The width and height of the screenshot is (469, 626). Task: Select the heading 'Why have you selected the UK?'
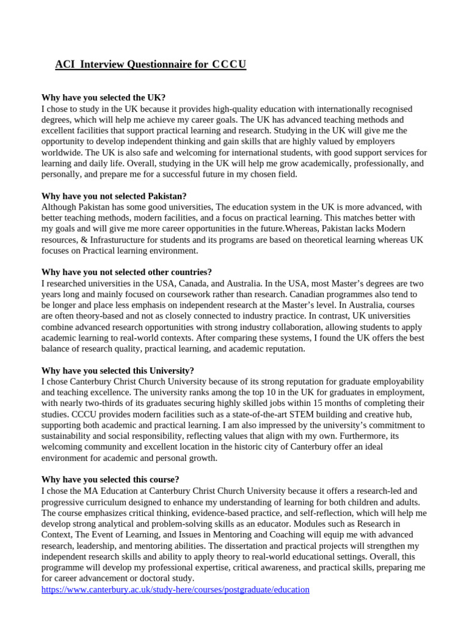[x=103, y=98]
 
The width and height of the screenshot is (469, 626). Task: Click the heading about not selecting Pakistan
[x=114, y=196]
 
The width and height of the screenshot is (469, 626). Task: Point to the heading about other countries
[x=126, y=272]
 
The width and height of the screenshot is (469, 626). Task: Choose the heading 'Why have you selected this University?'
[x=118, y=370]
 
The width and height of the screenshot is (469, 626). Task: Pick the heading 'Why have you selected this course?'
[x=110, y=480]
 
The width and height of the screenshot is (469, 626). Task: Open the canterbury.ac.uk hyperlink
[x=175, y=590]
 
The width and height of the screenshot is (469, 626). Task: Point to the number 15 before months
[x=330, y=403]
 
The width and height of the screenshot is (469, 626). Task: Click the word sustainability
[x=70, y=436]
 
